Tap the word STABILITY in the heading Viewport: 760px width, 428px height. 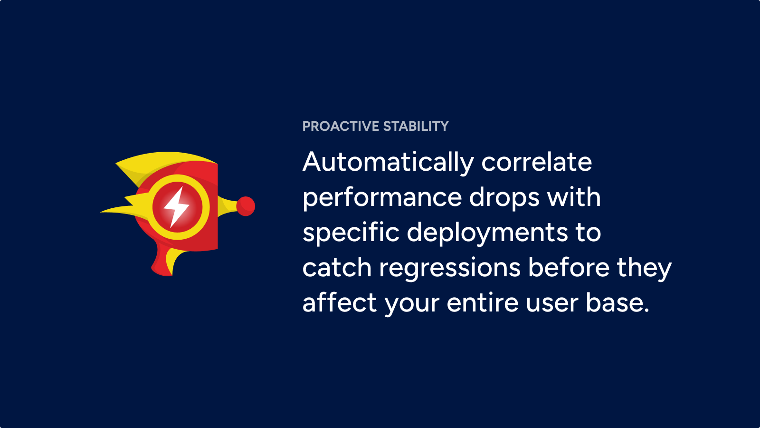click(x=416, y=126)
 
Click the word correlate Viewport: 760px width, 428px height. click(x=537, y=162)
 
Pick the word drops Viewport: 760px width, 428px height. click(x=504, y=198)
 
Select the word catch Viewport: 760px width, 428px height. click(x=337, y=268)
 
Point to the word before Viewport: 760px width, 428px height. click(x=569, y=267)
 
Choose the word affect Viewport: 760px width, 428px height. click(x=340, y=302)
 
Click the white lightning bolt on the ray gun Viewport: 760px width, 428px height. click(x=176, y=207)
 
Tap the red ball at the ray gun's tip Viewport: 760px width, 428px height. click(x=246, y=206)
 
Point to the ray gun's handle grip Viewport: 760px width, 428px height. click(x=166, y=261)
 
